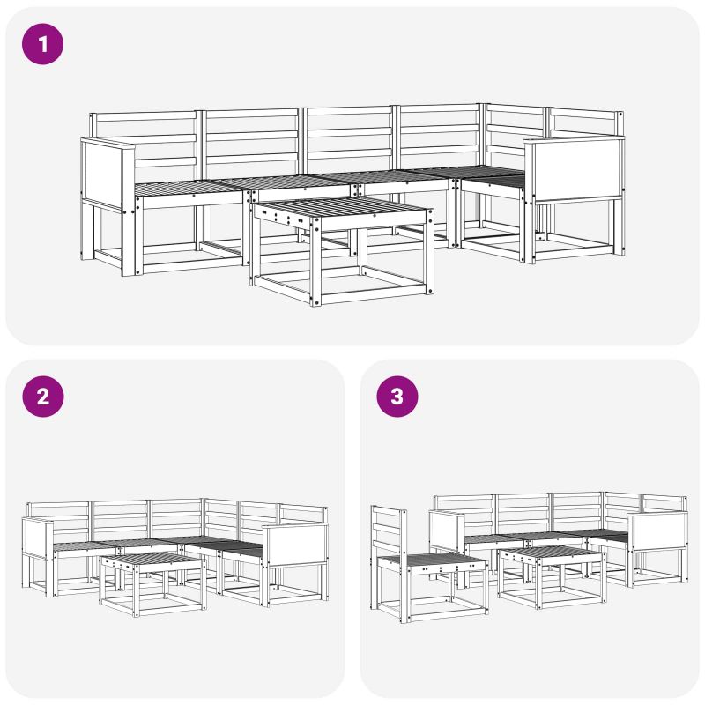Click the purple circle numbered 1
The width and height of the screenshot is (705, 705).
[42, 44]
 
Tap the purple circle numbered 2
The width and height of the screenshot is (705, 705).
[42, 397]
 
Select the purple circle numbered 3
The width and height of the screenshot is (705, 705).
[397, 397]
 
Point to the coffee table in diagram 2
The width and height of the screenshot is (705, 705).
[152, 584]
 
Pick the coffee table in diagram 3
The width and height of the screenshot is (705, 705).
[552, 578]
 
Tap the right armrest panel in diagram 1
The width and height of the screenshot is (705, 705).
[575, 168]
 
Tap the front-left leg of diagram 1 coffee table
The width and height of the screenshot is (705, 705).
[315, 262]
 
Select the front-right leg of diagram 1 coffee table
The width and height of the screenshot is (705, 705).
[430, 250]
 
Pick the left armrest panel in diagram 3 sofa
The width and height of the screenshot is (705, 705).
[447, 532]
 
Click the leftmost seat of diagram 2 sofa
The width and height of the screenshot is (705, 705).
[84, 547]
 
